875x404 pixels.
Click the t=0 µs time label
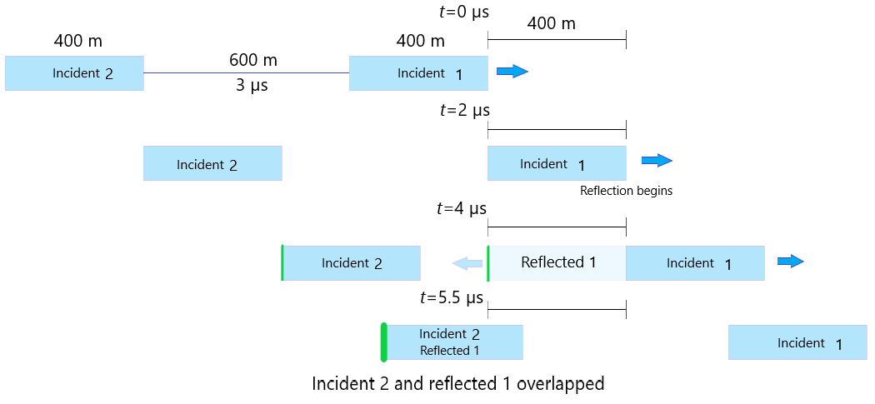[463, 12]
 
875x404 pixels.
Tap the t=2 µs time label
[463, 110]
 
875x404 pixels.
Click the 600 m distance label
[253, 60]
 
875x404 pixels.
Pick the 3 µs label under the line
[252, 85]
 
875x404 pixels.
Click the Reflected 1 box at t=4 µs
[557, 262]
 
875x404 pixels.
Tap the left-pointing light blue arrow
[467, 263]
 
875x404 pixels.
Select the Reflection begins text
[626, 191]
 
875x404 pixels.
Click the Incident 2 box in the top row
[74, 72]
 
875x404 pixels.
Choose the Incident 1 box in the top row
[418, 72]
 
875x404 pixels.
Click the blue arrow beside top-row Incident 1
[512, 72]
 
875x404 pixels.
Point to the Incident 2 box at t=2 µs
[212, 163]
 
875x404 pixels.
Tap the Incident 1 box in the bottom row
[799, 342]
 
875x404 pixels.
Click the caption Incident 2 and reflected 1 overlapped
[457, 384]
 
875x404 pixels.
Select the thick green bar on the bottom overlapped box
[383, 342]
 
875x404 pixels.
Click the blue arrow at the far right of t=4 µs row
[790, 262]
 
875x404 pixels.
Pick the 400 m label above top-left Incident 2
[78, 41]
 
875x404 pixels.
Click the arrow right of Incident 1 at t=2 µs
[656, 161]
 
